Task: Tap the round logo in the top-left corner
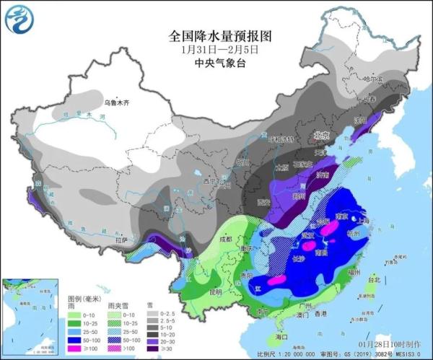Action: tap(19, 19)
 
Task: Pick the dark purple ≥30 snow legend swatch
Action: tap(153, 347)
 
